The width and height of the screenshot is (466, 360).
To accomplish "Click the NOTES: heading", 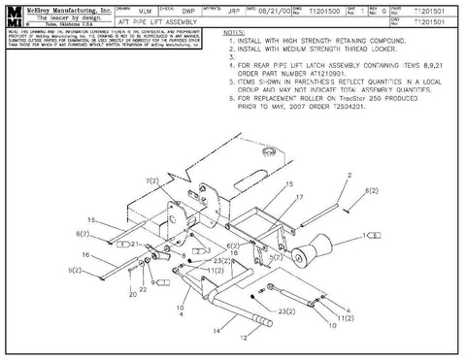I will point(233,33).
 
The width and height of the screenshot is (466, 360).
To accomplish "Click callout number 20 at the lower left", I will point(132,293).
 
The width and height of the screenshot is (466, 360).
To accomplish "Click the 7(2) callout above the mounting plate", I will point(150,181).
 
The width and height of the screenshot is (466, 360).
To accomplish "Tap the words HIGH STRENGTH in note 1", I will point(309,42).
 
